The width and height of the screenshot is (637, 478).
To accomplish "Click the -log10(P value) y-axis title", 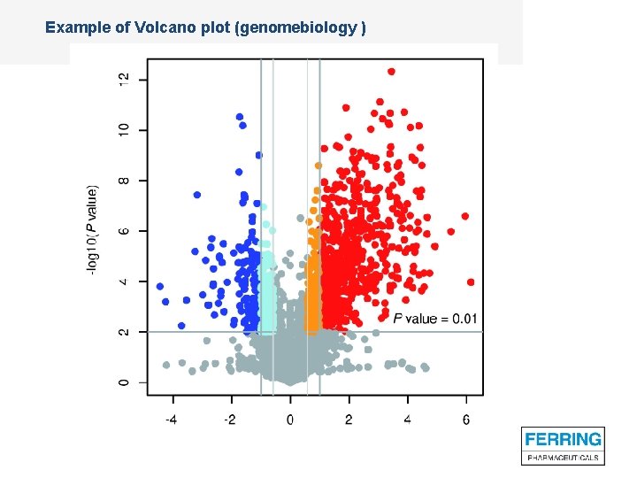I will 93,228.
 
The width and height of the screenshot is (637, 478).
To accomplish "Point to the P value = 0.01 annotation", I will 435,319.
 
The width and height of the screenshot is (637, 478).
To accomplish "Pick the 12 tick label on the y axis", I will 122,79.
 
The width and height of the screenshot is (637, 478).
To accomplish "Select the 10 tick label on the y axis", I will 122,129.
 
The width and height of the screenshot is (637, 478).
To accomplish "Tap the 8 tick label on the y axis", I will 122,181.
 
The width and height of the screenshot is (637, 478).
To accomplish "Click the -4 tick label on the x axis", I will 171,420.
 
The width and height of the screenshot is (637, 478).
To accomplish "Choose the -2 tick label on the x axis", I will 229,420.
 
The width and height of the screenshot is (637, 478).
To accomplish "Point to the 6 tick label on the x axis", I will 466,420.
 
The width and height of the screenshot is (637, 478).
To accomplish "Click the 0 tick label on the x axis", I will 290,420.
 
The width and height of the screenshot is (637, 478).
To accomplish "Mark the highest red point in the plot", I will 391,72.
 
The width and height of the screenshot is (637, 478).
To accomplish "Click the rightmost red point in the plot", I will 471,282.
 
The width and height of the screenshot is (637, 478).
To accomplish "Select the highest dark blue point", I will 239,117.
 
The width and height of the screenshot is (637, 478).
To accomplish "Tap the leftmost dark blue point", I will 160,287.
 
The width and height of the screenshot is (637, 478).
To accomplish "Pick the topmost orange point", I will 318,166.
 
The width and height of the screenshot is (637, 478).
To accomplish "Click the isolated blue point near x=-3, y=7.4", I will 197,195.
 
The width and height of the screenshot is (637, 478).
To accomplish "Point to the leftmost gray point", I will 166,365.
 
